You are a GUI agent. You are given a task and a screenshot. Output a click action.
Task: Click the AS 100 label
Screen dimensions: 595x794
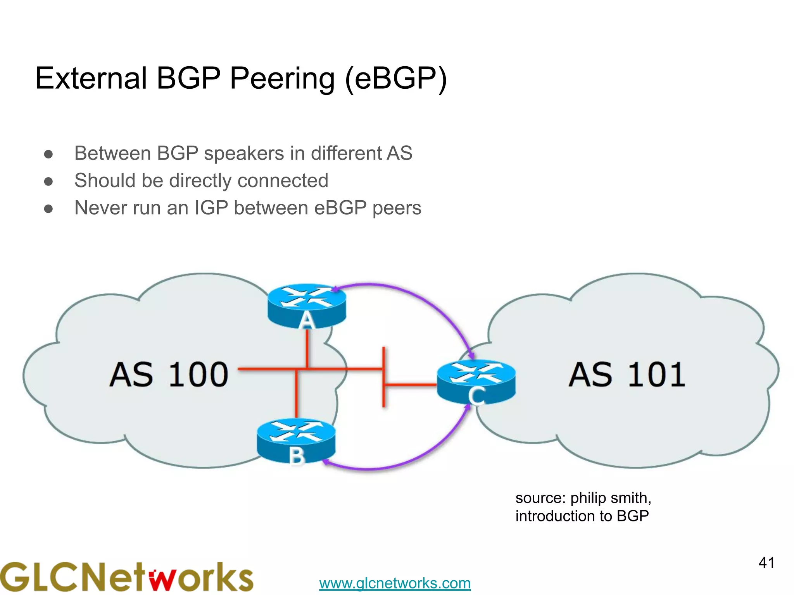pyautogui.click(x=169, y=375)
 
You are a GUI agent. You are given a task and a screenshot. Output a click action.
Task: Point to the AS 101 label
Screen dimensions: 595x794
pyautogui.click(x=627, y=375)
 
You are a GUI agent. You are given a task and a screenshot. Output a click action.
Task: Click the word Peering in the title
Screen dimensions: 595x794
pyautogui.click(x=282, y=78)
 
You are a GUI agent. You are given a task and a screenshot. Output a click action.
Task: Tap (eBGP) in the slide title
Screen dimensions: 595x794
pyautogui.click(x=395, y=79)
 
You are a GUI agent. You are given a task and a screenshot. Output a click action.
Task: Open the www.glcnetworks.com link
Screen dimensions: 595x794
pyautogui.click(x=395, y=583)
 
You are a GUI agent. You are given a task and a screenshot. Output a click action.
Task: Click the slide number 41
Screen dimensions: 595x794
pyautogui.click(x=766, y=563)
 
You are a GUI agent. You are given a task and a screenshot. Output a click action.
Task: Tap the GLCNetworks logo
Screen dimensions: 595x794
pyautogui.click(x=126, y=577)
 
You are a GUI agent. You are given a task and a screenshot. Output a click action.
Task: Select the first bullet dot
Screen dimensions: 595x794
pyautogui.click(x=48, y=154)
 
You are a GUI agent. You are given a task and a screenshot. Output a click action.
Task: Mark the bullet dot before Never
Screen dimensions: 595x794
pyautogui.click(x=48, y=209)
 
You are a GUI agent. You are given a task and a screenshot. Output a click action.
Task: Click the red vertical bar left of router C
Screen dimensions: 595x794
pyautogui.click(x=384, y=377)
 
